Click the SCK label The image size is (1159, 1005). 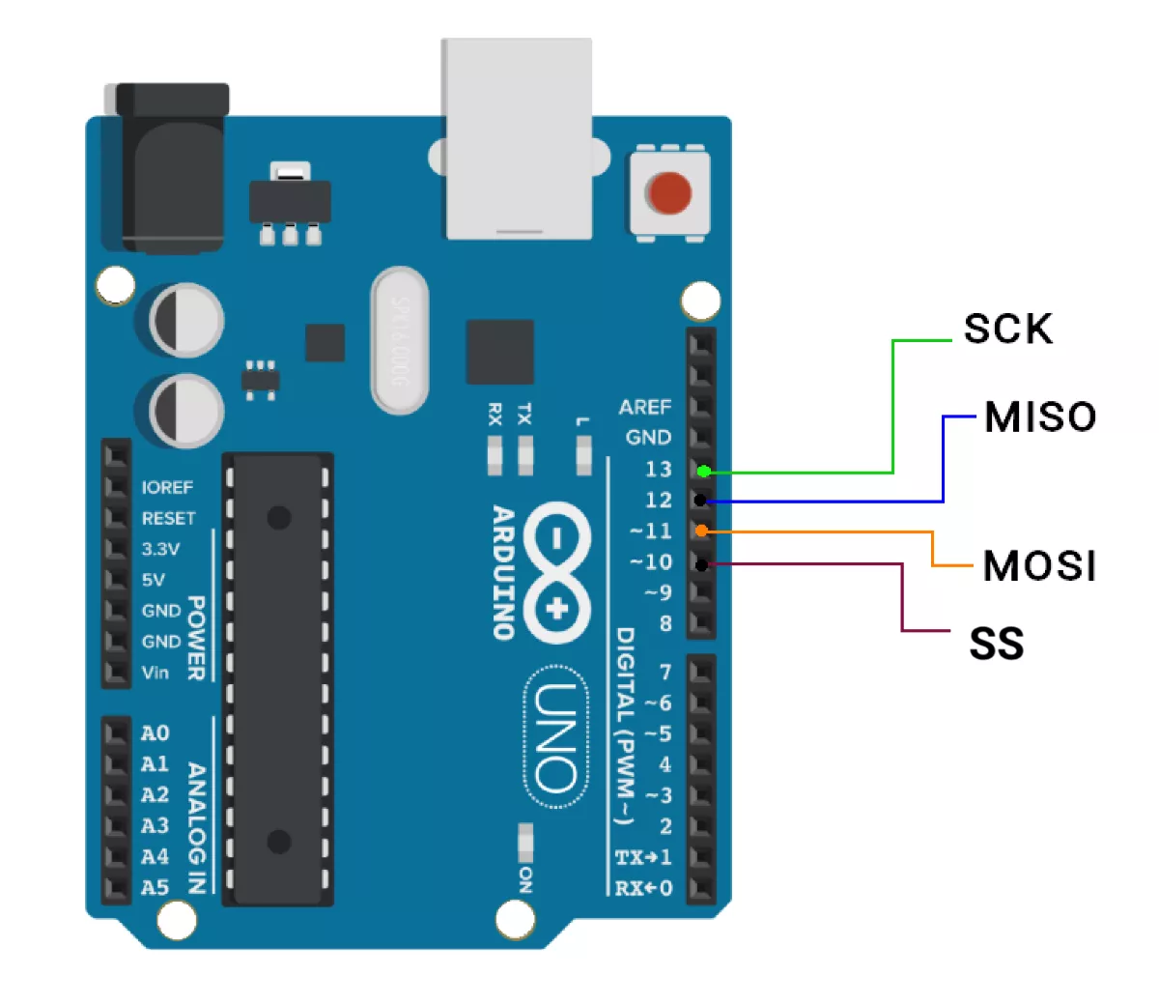[1007, 330]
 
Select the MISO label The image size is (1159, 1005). [1040, 417]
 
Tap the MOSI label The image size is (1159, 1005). [1039, 566]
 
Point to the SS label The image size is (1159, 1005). [996, 645]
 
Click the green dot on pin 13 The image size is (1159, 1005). [704, 472]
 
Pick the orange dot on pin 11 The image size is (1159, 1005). [702, 531]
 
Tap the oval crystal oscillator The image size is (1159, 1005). [399, 340]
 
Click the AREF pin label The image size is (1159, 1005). [644, 407]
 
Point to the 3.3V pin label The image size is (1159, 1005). [160, 549]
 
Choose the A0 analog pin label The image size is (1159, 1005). [155, 733]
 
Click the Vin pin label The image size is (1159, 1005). [155, 673]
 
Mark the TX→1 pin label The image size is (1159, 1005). [643, 857]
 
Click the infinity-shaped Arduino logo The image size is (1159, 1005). [555, 571]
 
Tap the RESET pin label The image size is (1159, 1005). [168, 519]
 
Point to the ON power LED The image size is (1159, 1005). [525, 843]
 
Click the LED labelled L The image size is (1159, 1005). [582, 453]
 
